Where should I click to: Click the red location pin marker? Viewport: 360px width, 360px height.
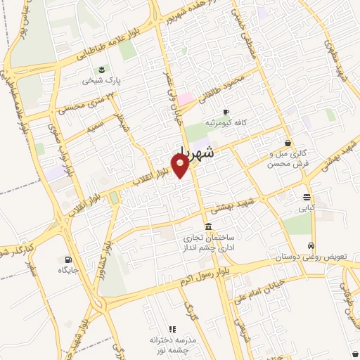coord(181,165)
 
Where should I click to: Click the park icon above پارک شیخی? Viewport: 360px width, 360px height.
coord(102,70)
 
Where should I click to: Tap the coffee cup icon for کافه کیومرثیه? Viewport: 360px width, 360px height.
coord(226,112)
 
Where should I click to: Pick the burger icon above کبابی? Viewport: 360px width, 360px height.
coord(307,198)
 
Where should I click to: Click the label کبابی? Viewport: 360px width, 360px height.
coord(307,208)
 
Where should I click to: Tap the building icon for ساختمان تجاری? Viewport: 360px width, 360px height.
coord(207,226)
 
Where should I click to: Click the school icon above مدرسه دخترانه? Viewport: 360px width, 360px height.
coord(172,328)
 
